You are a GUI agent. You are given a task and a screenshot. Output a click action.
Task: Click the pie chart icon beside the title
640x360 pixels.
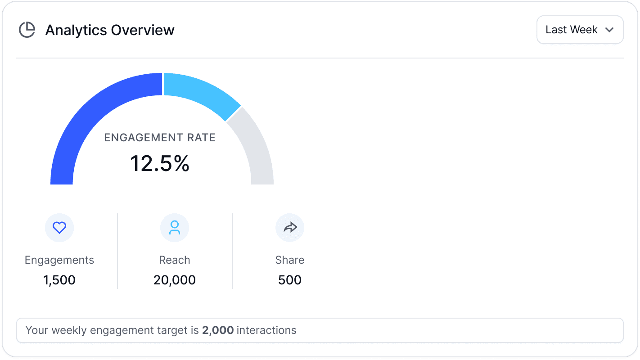[27, 30]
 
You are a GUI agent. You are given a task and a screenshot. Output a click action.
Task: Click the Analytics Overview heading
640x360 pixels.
[110, 30]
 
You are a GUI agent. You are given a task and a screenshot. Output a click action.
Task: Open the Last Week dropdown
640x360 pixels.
[580, 30]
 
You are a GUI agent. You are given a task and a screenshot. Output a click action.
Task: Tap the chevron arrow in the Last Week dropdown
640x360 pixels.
[609, 30]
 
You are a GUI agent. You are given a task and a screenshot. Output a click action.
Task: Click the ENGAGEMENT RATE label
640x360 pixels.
[159, 138]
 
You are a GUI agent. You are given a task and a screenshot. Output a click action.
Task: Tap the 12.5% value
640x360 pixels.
[159, 163]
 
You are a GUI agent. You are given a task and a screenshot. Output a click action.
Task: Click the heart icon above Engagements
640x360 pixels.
[59, 228]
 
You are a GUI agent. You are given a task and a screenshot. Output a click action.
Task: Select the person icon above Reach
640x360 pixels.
[175, 228]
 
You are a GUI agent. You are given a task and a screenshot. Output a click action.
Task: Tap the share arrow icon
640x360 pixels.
[290, 228]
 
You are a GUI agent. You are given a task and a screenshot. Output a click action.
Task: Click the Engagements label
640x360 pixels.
[59, 260]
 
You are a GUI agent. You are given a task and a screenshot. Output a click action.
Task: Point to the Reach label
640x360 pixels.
[175, 260]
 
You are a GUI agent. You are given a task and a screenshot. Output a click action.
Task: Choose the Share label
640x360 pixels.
[290, 260]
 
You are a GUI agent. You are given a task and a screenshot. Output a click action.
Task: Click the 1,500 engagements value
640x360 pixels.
[59, 280]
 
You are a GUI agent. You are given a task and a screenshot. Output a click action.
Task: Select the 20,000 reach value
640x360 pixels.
[175, 280]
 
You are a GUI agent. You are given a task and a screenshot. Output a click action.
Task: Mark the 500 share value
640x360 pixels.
[290, 280]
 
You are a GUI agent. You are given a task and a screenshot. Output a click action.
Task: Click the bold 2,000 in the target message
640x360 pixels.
[218, 330]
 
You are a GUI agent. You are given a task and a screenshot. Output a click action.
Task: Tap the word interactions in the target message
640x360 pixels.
[266, 330]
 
